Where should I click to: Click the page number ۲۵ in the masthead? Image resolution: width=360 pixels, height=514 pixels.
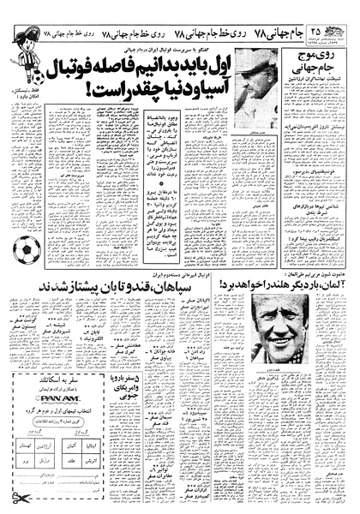coord(341,11)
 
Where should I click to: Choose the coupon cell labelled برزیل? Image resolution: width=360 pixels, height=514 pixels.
coord(43,460)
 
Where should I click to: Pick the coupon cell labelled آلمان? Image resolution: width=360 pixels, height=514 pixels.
coord(72,447)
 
